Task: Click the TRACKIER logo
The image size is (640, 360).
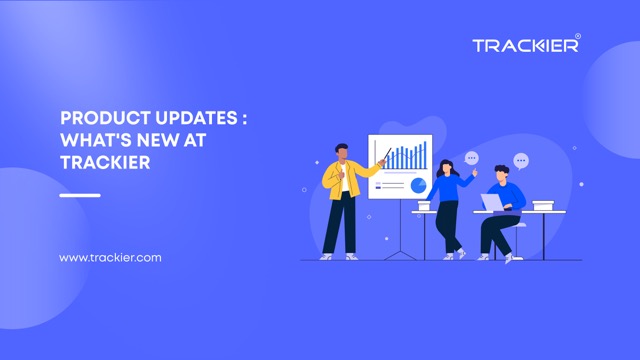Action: click(524, 45)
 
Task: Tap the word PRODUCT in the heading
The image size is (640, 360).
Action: click(99, 118)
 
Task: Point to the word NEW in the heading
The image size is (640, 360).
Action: click(162, 140)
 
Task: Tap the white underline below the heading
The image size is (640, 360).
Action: click(80, 195)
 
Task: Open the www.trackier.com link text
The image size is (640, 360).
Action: click(110, 258)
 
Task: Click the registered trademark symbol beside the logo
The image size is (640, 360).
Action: click(578, 36)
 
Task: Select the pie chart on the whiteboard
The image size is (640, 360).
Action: click(417, 184)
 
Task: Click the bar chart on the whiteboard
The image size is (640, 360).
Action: click(406, 157)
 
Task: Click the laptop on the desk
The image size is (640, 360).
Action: click(493, 203)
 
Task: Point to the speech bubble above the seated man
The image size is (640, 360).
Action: click(520, 160)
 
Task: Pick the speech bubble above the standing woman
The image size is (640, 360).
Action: click(472, 158)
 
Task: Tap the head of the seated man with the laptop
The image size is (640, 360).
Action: click(503, 175)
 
